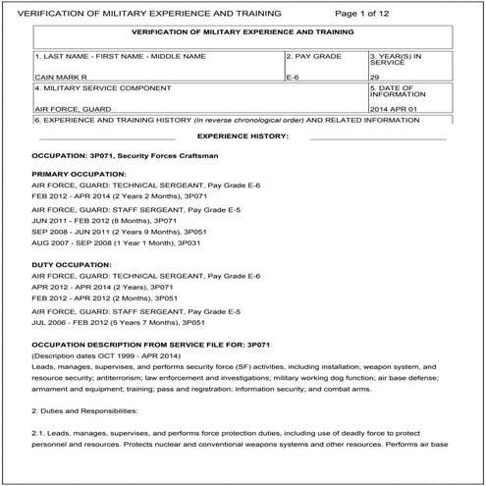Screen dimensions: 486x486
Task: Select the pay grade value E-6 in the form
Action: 292,74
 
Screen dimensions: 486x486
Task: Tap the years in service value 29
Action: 376,74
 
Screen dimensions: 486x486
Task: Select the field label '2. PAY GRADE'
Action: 314,56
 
